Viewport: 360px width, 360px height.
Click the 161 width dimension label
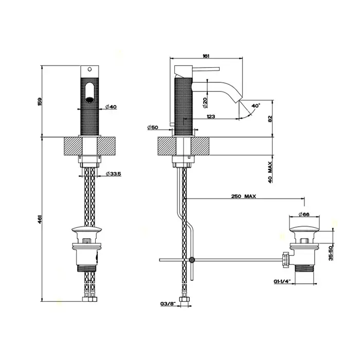click(206, 56)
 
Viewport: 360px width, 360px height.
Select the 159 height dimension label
click(40, 101)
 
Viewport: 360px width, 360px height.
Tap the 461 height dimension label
click(40, 219)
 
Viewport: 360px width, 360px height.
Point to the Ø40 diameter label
click(111, 106)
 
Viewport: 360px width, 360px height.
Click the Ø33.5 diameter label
click(114, 174)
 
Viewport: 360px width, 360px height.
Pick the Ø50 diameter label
click(153, 127)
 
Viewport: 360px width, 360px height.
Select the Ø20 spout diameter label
click(205, 103)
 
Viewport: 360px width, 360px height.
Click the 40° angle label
click(256, 106)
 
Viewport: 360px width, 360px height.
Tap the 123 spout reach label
click(211, 116)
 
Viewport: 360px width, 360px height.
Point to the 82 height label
click(270, 118)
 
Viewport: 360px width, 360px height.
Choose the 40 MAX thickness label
click(270, 172)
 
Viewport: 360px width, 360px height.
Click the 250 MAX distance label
click(243, 196)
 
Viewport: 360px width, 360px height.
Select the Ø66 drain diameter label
click(304, 214)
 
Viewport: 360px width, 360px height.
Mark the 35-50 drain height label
click(331, 253)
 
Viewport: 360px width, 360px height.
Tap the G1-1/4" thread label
click(282, 281)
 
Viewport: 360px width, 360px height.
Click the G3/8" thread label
click(168, 304)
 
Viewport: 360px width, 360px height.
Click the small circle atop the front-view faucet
click(90, 69)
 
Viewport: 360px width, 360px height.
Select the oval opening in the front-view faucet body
click(89, 93)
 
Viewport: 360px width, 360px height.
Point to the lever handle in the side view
click(206, 68)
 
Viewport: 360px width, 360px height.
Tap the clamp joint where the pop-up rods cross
click(192, 260)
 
